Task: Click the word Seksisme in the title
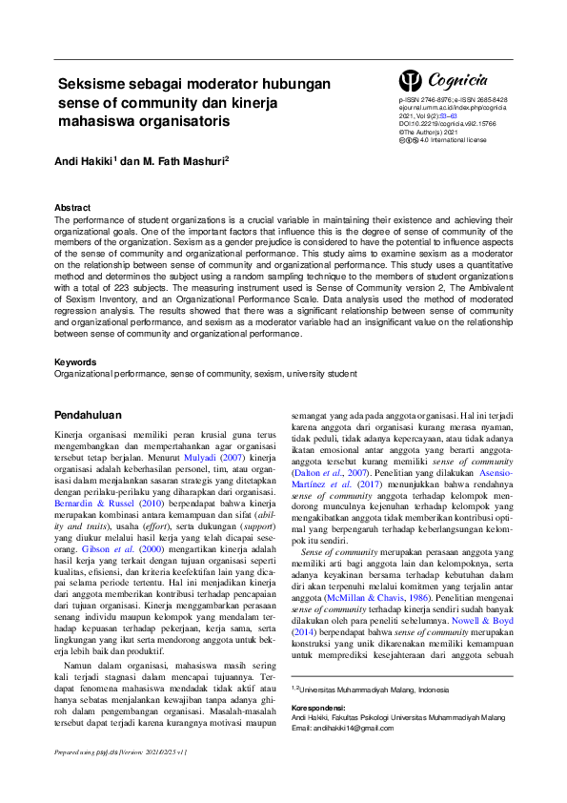(92, 84)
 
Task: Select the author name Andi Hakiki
(81, 162)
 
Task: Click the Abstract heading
(72, 207)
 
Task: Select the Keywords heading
(75, 362)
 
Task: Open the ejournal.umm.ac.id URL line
(453, 108)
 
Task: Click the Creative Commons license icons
(410, 140)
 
